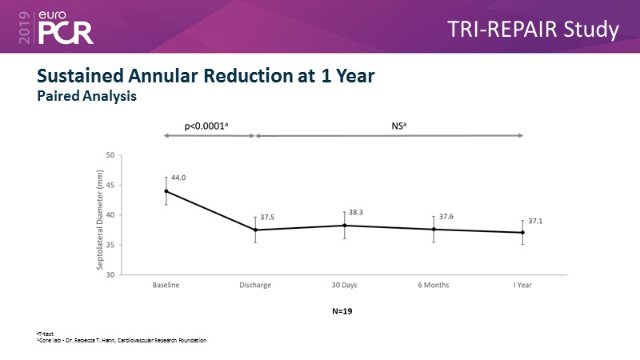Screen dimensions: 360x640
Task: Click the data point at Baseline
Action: coord(166,191)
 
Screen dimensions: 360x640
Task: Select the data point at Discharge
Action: coord(255,230)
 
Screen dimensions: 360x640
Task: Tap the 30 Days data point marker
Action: coord(345,226)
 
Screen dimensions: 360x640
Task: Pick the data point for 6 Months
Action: coord(434,230)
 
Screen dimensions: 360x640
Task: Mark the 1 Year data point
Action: coord(522,233)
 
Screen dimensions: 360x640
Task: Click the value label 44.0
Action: coord(178,177)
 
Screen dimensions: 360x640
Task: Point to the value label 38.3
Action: coord(357,213)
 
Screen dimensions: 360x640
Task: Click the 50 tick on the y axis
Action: coord(110,155)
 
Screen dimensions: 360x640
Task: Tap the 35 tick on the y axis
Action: coord(110,245)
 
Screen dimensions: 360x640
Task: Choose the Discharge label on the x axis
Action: coord(255,285)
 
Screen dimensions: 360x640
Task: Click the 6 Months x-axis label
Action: coord(434,285)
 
